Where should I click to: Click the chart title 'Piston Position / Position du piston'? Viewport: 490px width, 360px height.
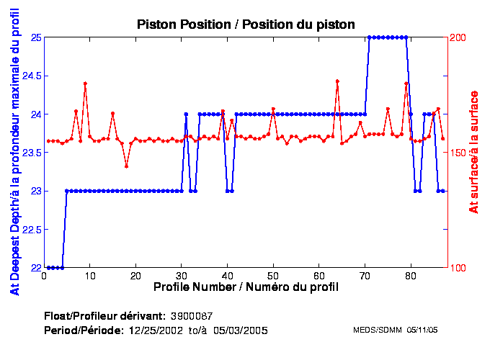246,24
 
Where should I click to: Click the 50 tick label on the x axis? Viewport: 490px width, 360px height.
273,276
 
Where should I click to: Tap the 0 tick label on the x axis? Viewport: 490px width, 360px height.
45,276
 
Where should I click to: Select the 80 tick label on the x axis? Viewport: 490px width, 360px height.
410,276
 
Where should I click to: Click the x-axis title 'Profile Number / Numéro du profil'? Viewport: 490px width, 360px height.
246,287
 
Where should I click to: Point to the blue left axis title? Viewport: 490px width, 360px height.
14,153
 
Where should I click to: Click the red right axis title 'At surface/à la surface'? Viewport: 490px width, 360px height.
473,153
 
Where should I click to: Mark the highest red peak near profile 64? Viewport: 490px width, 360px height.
337,81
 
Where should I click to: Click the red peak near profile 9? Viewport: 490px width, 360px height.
85,84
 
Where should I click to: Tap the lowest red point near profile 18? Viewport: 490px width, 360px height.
126,166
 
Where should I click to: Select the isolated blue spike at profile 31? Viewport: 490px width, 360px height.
186,114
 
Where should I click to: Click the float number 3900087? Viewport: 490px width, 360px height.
191,316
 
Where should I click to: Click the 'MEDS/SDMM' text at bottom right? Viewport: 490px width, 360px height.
375,330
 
